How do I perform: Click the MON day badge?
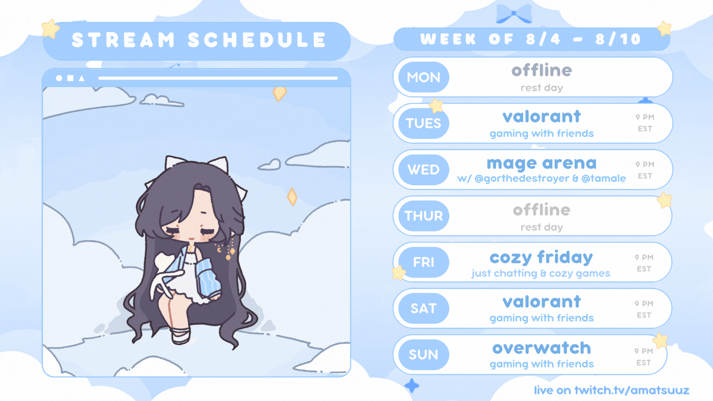pos(423,77)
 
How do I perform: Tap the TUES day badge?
pos(423,123)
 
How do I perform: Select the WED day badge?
pos(423,170)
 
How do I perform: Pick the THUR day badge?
pos(423,216)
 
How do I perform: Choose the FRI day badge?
pos(423,262)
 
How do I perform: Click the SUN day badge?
pos(423,355)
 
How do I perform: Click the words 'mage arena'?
pos(541,164)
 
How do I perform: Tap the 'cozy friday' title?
pos(541,257)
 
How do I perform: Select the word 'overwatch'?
pos(541,348)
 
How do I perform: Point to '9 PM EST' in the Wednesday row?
pos(645,170)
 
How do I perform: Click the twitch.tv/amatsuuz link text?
pos(632,390)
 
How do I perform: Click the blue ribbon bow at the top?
pos(514,14)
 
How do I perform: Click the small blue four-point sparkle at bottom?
pos(412,386)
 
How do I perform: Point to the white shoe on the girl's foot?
pos(180,335)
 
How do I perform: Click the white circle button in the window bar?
pos(59,78)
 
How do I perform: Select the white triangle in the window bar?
pos(82,78)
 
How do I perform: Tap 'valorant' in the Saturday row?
pos(541,302)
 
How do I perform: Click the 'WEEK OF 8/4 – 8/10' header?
pos(531,39)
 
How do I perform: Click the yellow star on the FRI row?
pos(399,273)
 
